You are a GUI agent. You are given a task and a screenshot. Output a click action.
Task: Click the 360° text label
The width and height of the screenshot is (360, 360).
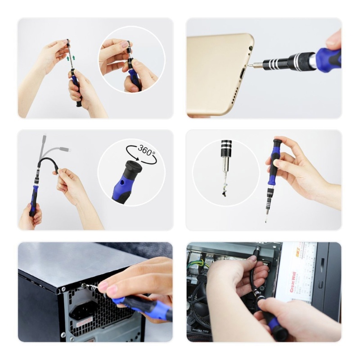tap(147, 150)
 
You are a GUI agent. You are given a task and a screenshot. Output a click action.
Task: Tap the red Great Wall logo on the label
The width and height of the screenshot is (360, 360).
tap(293, 281)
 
